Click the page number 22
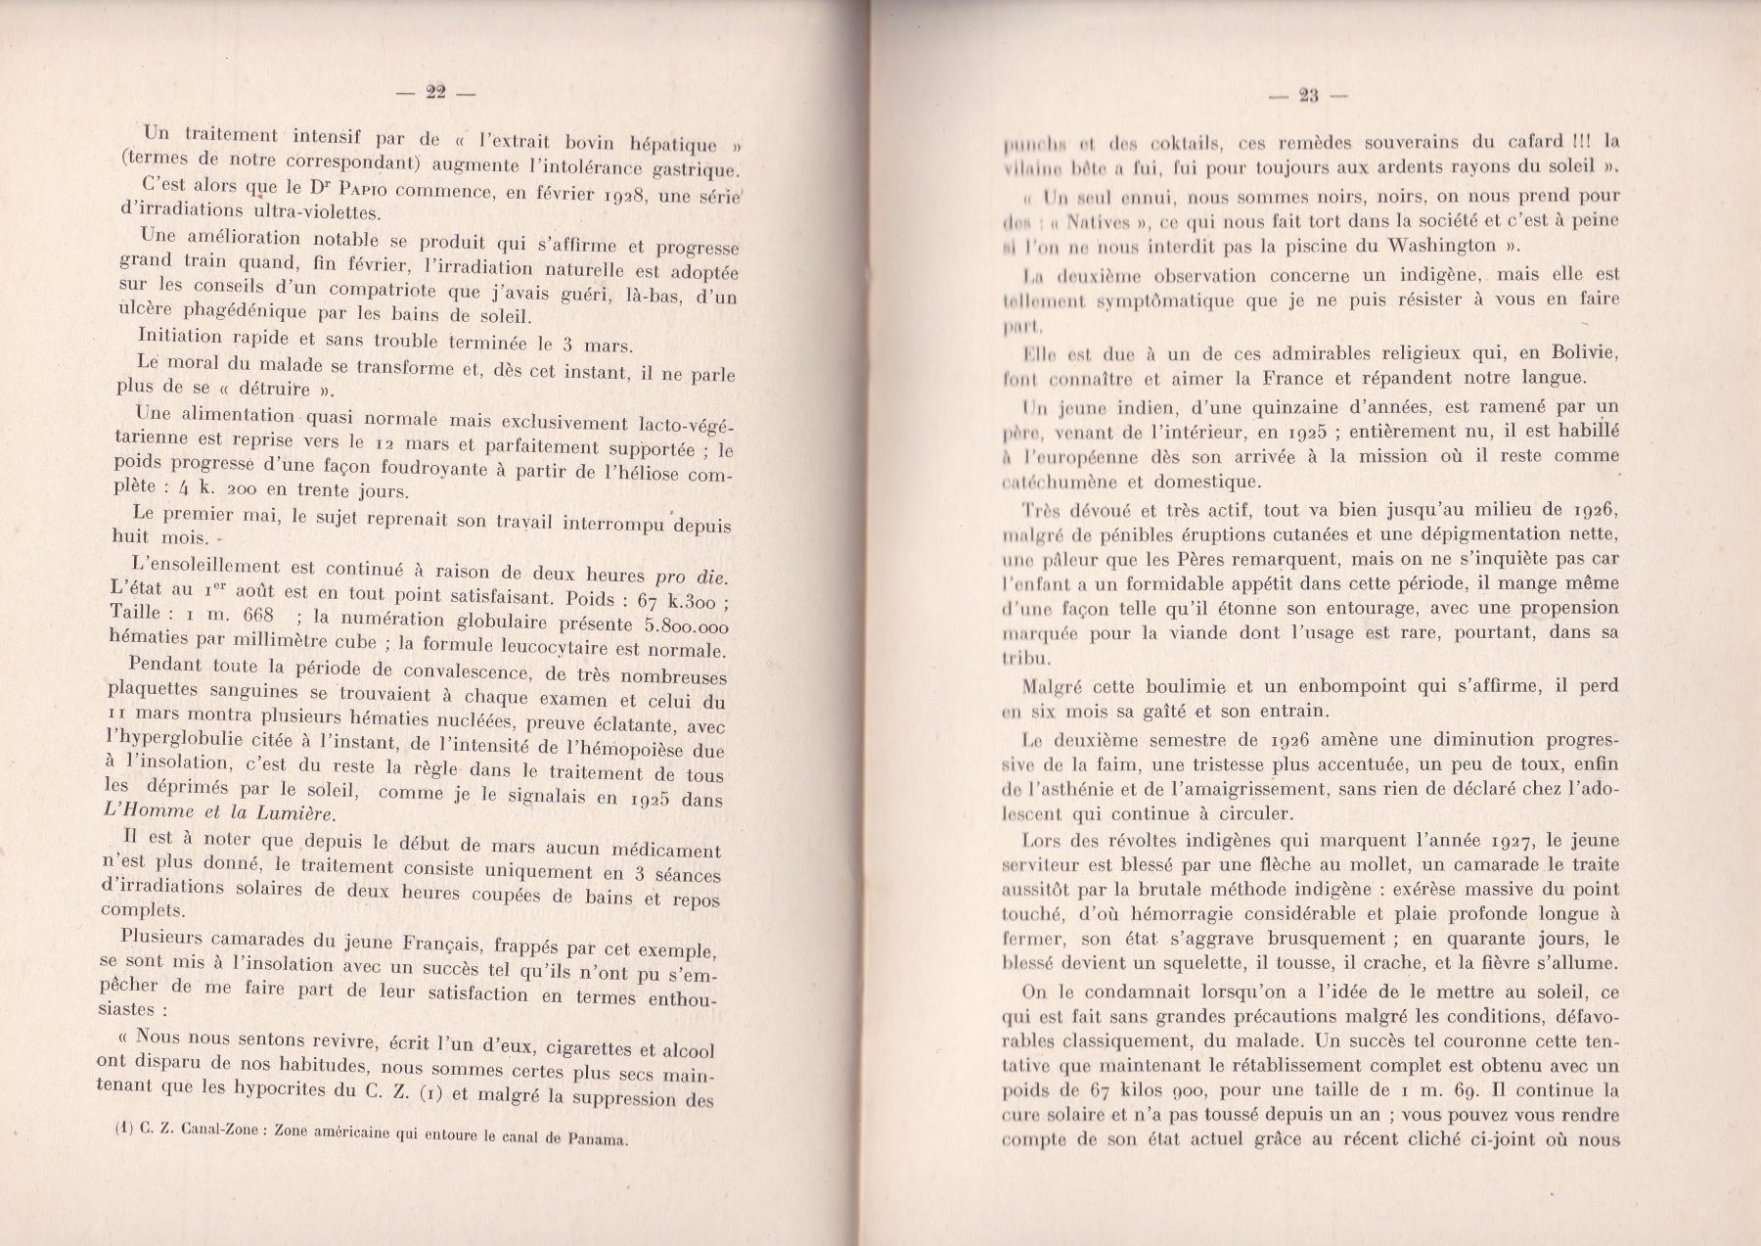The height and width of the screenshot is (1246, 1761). point(435,93)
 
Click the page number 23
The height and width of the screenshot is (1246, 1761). point(1309,96)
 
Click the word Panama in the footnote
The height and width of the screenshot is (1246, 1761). point(597,1141)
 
